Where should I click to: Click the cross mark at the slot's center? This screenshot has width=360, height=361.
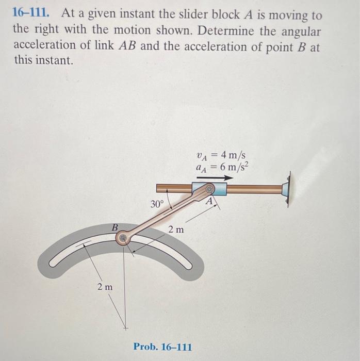pos(124,326)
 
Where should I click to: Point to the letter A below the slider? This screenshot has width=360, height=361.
pos(210,202)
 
